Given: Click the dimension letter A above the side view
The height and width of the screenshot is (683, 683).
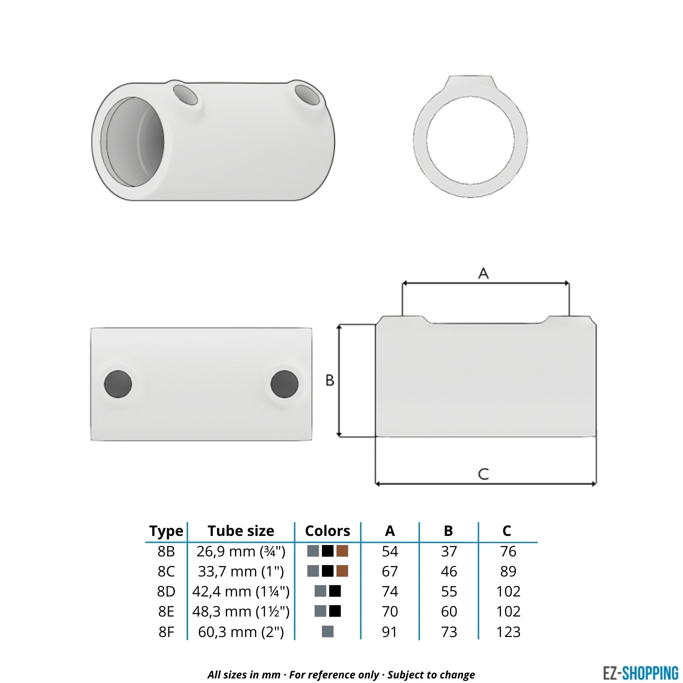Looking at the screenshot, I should (483, 273).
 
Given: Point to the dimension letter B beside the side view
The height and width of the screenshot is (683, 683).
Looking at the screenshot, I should (330, 380).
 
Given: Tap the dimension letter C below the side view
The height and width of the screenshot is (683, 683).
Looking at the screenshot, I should (484, 474).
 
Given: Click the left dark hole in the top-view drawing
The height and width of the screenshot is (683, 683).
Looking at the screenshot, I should (118, 384).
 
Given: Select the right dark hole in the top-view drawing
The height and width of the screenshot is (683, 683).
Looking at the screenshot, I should (285, 384).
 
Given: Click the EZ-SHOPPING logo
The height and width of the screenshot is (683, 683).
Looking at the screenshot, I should (640, 673).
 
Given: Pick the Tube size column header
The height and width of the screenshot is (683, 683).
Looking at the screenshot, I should (241, 531).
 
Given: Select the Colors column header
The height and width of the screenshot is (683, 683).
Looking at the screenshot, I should (327, 531).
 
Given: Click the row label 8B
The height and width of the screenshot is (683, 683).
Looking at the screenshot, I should (166, 551).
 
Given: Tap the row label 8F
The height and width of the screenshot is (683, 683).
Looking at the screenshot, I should (166, 632).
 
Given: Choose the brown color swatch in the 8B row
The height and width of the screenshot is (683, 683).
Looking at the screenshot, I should (342, 551).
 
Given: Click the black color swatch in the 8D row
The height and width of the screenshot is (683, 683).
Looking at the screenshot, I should (335, 591).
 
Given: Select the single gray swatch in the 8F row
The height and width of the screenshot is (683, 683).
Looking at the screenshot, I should (327, 632).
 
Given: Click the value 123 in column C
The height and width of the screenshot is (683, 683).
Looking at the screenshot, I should (508, 632).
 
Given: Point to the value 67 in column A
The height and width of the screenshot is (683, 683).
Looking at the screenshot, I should (390, 571).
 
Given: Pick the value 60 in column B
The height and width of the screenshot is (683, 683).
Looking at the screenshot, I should (449, 612).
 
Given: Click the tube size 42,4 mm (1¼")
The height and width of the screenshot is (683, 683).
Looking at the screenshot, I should (241, 591).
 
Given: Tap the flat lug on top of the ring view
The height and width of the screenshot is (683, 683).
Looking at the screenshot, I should (470, 84).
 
